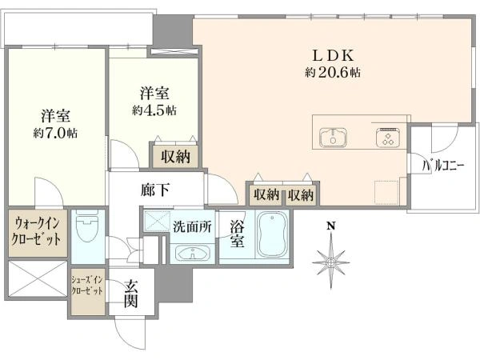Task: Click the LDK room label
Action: (333, 56)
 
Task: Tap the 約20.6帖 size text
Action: (333, 73)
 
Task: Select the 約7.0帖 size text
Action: (55, 133)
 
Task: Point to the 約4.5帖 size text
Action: (154, 110)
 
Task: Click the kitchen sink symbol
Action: (333, 137)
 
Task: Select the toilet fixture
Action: (88, 226)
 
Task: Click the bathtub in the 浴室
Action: (272, 234)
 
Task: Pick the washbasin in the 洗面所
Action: (193, 254)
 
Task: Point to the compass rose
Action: (331, 262)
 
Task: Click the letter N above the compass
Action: (330, 226)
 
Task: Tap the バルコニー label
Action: (443, 166)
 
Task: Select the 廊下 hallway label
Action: (155, 190)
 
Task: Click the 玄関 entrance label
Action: (130, 294)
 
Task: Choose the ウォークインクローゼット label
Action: (37, 231)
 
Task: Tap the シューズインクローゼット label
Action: (87, 285)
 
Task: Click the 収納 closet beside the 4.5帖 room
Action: (176, 157)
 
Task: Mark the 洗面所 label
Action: (192, 226)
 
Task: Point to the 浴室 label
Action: (238, 234)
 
